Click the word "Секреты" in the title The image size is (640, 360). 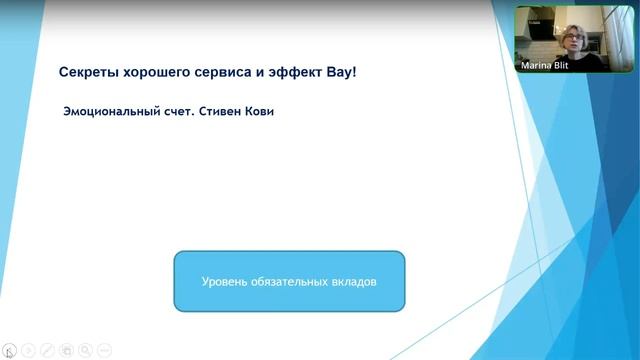coord(90,73)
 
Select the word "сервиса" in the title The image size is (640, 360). coord(227,73)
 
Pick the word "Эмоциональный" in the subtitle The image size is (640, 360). coord(111,111)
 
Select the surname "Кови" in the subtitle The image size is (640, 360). coord(260,111)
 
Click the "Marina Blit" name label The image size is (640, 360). coord(546,65)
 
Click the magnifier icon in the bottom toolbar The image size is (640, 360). coord(86,350)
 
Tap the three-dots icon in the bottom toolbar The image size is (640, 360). coord(104,350)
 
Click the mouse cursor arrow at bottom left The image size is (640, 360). coord(9,352)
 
